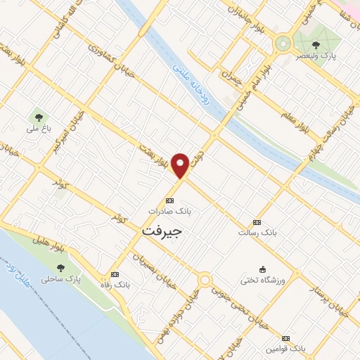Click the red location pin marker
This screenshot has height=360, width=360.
[181, 165]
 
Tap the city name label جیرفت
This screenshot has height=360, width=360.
[162, 230]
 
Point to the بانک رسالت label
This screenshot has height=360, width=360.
[256, 231]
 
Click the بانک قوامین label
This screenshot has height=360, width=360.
[287, 348]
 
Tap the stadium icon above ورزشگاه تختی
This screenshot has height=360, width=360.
[263, 269]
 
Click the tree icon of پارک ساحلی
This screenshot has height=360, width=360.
[60, 268]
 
